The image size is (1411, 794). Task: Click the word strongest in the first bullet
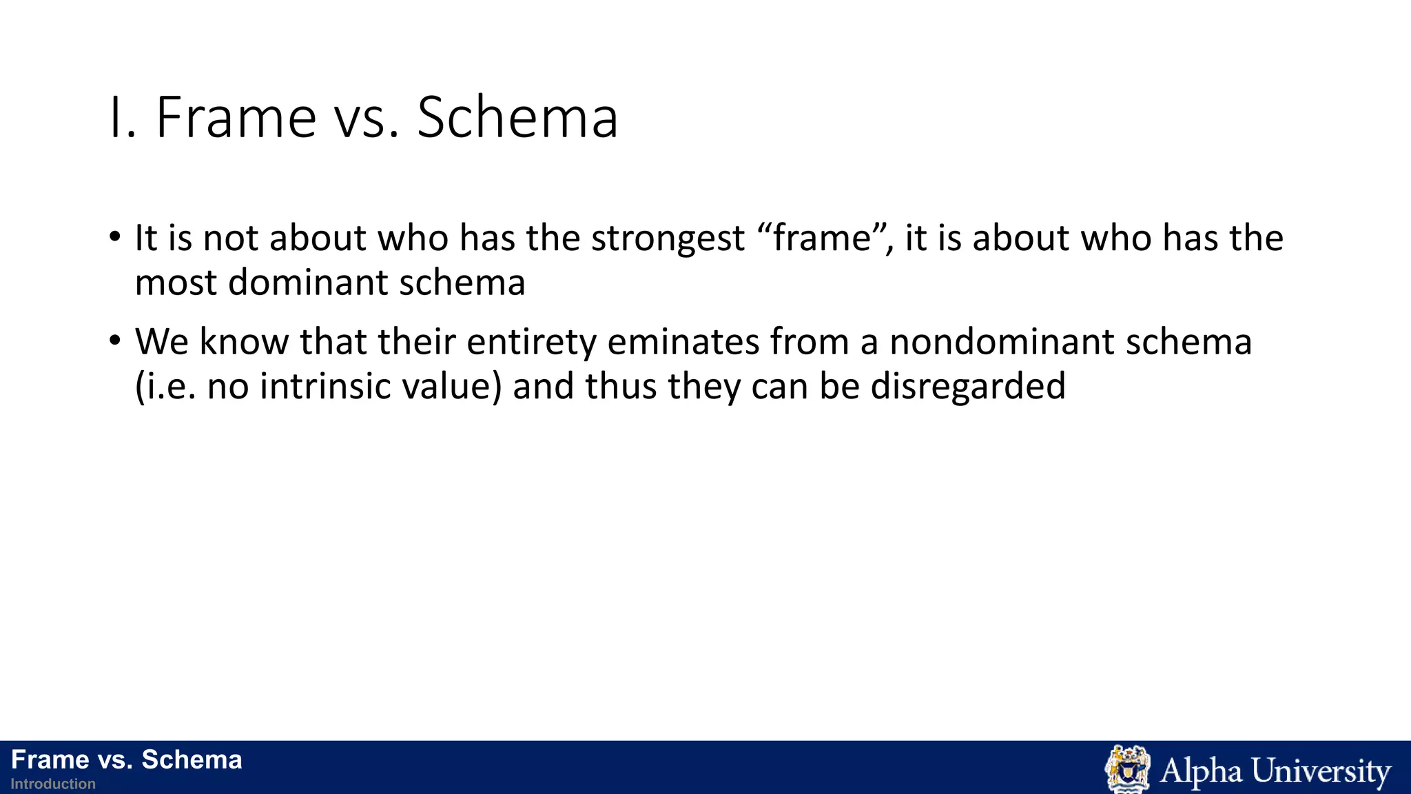pos(668,238)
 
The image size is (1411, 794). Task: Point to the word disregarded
pos(968,386)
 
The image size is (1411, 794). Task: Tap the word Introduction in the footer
pos(53,784)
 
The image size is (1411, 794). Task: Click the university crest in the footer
pos(1127,768)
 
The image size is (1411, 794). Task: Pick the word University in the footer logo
pos(1321,771)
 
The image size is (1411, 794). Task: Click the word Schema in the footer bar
pos(192,760)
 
